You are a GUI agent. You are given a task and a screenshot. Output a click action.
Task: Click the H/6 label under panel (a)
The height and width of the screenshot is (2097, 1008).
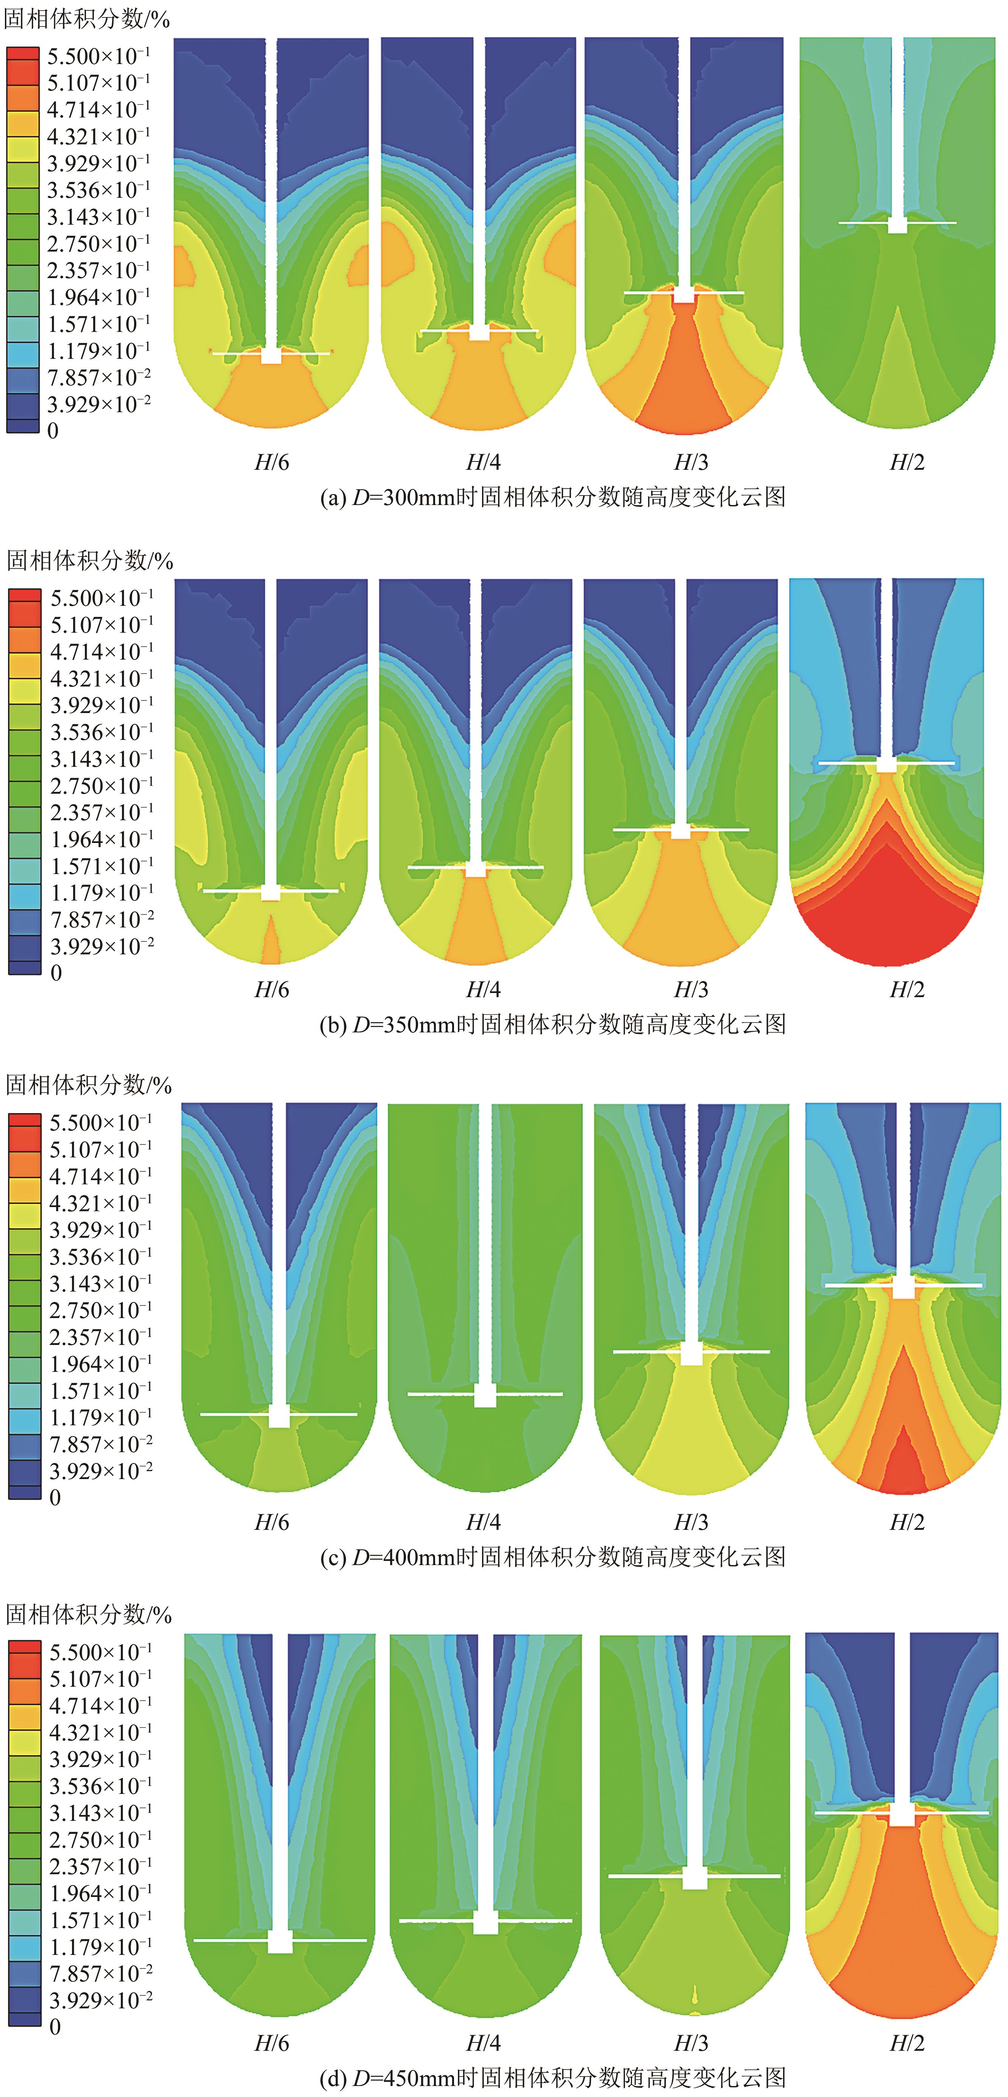click(x=272, y=462)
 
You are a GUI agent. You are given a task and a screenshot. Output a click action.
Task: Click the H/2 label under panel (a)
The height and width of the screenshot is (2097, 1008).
click(x=907, y=462)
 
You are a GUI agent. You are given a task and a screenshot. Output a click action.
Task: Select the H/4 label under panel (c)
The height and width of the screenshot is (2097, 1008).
click(x=483, y=1522)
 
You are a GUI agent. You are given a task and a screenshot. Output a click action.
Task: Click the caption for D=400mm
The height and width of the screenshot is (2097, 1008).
click(x=553, y=1557)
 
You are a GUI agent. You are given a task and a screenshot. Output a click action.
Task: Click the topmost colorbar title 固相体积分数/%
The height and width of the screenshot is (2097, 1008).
click(x=87, y=19)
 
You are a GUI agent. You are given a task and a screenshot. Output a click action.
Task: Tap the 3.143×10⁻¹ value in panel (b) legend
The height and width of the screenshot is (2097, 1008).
click(x=102, y=759)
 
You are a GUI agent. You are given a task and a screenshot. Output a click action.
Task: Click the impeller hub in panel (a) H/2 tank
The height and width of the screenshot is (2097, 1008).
click(x=897, y=225)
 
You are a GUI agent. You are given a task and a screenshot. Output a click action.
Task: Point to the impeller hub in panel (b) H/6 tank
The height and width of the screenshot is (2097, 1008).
click(x=271, y=893)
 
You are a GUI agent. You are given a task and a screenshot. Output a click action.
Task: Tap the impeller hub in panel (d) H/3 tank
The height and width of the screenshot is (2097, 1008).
click(x=694, y=1878)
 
